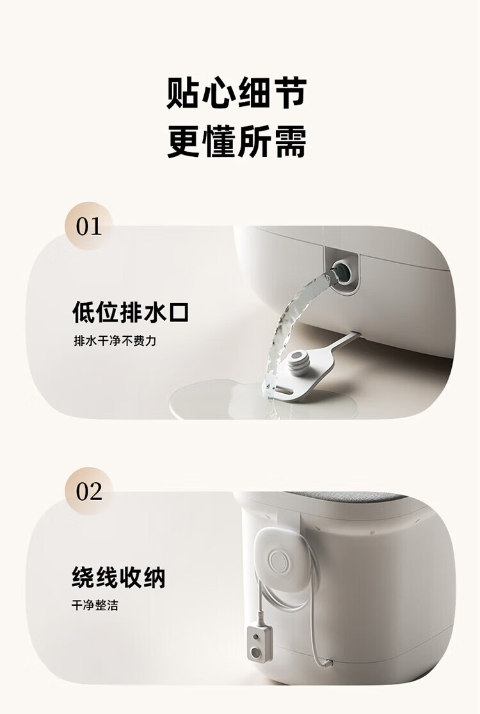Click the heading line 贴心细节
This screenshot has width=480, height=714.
click(237, 93)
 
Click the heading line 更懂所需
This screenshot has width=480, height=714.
click(237, 142)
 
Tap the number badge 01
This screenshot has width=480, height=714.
click(89, 226)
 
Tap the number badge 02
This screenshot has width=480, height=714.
click(89, 491)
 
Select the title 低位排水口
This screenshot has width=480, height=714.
click(131, 312)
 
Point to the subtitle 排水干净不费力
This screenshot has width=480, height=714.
click(115, 341)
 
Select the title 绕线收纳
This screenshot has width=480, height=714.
click(119, 578)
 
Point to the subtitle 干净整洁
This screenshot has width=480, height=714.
click(95, 605)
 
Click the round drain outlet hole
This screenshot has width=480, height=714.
click(342, 272)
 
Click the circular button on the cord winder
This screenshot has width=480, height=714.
click(278, 560)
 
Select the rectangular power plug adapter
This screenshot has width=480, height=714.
click(259, 642)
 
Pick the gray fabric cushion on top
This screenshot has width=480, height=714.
click(346, 496)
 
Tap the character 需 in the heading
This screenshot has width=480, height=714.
click(290, 142)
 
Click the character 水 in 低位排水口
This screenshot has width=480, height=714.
click(154, 312)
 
